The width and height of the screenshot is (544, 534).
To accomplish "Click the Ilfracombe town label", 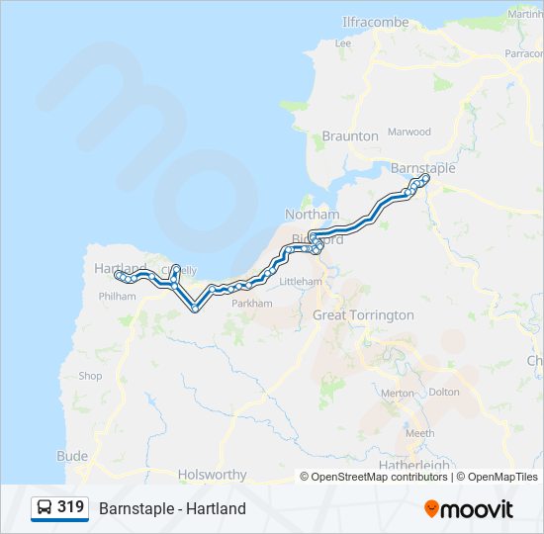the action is [x=375, y=22].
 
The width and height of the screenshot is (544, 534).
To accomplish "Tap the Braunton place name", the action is [x=350, y=135].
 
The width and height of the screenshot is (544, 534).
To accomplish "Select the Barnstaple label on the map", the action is [x=422, y=168].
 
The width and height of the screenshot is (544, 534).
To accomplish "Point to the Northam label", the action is [x=312, y=215].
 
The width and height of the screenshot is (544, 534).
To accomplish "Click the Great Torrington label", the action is [x=363, y=315].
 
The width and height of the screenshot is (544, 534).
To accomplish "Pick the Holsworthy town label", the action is [x=212, y=475].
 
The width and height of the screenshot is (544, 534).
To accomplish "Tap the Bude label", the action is [x=72, y=456].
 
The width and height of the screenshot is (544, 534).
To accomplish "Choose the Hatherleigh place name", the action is [x=413, y=465].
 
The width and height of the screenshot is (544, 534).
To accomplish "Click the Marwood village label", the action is [x=409, y=132].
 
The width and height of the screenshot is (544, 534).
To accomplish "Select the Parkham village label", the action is [x=251, y=304].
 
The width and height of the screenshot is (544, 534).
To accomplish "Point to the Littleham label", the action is [x=302, y=282].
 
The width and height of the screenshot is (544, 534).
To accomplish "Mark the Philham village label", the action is [x=117, y=296].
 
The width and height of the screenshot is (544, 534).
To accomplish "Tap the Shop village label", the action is [x=90, y=376].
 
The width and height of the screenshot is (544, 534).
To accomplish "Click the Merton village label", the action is [x=398, y=393].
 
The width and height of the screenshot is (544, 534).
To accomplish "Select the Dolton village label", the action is [x=444, y=393].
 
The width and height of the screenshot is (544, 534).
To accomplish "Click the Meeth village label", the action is [x=419, y=433].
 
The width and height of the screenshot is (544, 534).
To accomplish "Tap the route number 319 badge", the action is [x=70, y=507].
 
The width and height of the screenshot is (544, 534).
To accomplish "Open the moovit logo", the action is [x=469, y=509].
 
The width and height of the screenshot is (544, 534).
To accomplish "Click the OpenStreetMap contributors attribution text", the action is [x=379, y=477].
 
